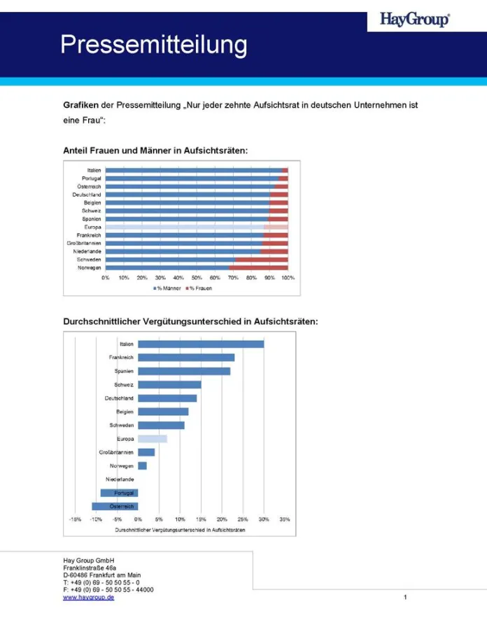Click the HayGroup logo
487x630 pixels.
click(x=414, y=20)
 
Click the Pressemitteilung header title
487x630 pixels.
click(x=153, y=45)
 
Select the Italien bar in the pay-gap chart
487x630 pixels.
click(x=201, y=344)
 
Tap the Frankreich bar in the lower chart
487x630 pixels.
click(x=186, y=357)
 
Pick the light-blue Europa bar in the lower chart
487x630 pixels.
click(x=153, y=439)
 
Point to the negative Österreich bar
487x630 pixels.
click(x=115, y=506)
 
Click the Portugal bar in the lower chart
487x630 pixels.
click(x=120, y=493)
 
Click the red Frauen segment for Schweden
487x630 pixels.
click(x=261, y=259)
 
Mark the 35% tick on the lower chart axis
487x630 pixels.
click(x=285, y=519)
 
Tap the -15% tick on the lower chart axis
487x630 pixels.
click(x=75, y=519)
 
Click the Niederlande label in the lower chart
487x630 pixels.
click(x=120, y=479)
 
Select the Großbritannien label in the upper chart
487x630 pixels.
click(x=84, y=243)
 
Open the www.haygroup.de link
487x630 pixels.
click(x=89, y=597)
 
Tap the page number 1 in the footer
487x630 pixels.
click(x=405, y=597)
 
